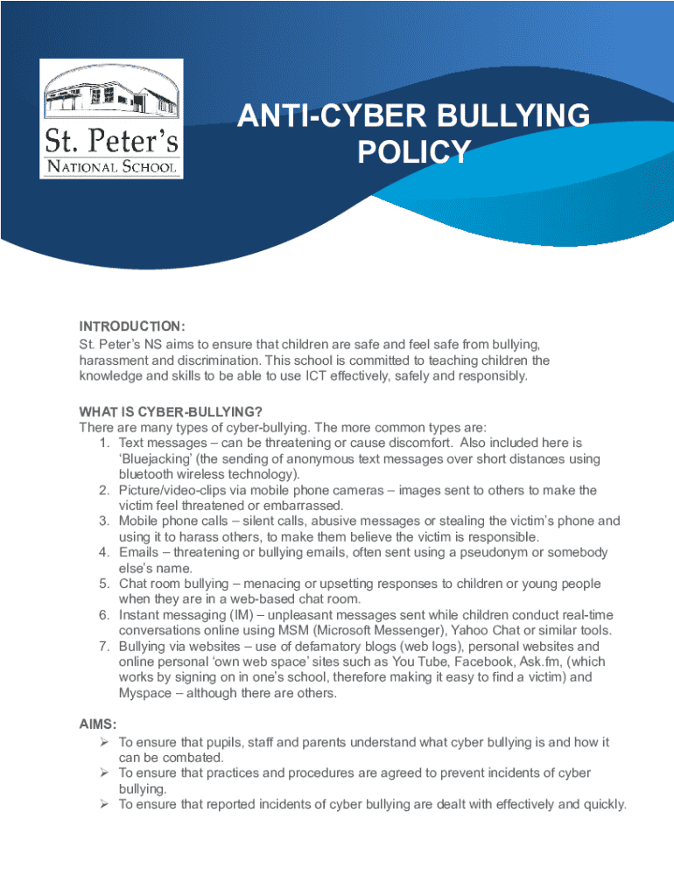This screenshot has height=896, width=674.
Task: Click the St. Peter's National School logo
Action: pyautogui.click(x=111, y=119)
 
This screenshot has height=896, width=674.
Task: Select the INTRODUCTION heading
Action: pyautogui.click(x=132, y=326)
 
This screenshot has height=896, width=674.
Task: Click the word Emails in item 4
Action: pyautogui.click(x=140, y=553)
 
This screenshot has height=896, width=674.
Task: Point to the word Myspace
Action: pyautogui.click(x=144, y=694)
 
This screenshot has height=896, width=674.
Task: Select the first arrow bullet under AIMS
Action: pyautogui.click(x=103, y=742)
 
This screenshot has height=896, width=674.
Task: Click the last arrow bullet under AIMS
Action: pyautogui.click(x=103, y=805)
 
